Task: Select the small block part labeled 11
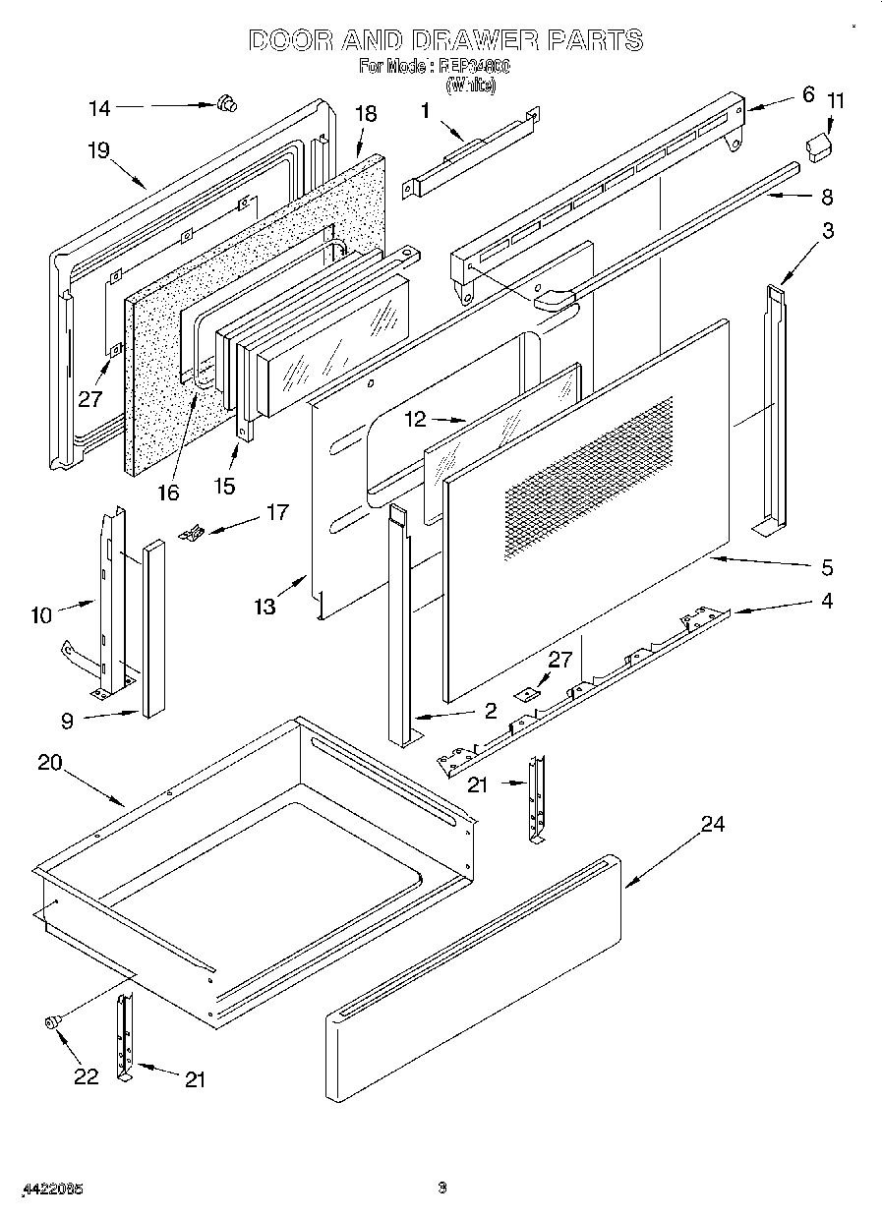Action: coord(818,147)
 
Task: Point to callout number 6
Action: coord(808,94)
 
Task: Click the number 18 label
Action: coord(365,114)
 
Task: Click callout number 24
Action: coord(712,824)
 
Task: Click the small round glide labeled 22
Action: coord(53,1022)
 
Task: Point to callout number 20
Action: coord(50,762)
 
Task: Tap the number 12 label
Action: coord(417,419)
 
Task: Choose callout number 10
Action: coord(40,616)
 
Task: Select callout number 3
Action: coord(828,231)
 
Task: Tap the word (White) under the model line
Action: coord(471,86)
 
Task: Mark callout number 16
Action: coord(168,492)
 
